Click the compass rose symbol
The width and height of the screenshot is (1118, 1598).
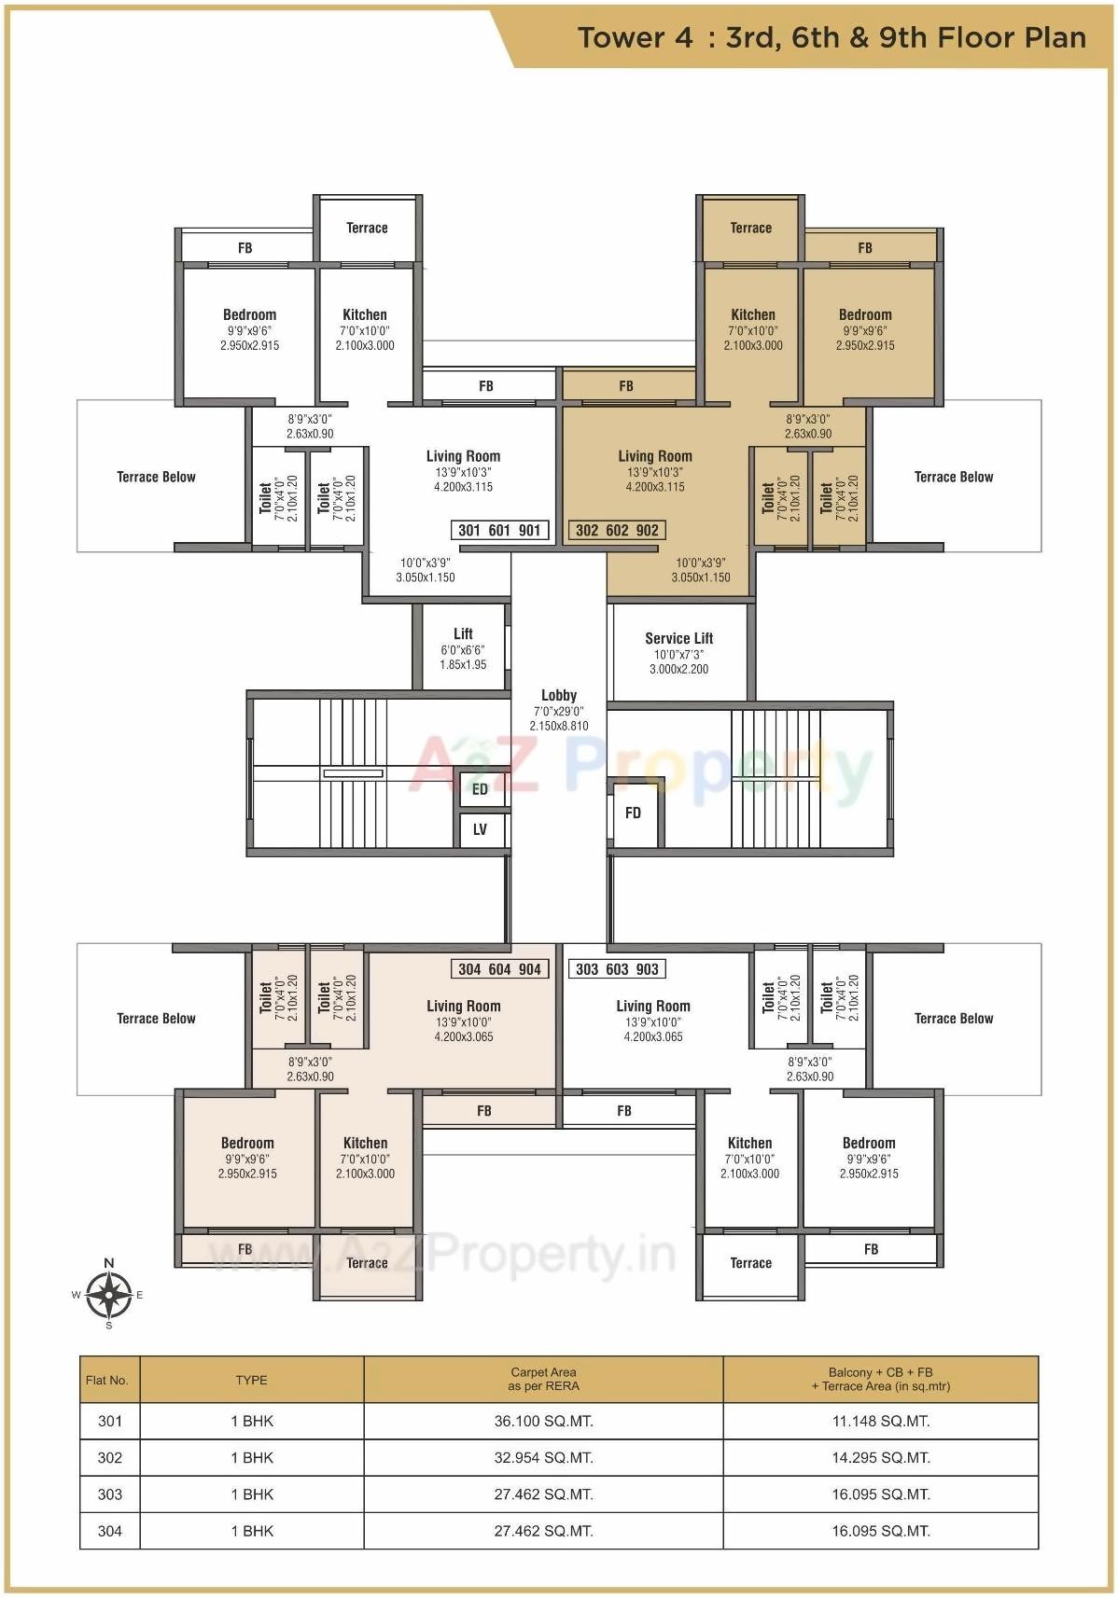click(109, 1294)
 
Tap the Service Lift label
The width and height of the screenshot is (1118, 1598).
click(678, 639)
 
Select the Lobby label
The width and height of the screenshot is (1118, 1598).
click(559, 695)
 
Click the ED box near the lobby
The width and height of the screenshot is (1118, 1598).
click(480, 789)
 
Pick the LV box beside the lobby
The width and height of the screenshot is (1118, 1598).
click(480, 829)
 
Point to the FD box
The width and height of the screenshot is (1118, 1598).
click(633, 813)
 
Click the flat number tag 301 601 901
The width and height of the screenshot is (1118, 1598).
click(499, 531)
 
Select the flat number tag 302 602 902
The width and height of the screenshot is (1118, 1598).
click(617, 531)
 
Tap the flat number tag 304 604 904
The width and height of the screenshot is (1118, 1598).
click(499, 969)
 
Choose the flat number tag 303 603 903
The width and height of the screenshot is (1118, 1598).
click(617, 969)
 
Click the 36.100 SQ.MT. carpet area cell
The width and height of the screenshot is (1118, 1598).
click(543, 1421)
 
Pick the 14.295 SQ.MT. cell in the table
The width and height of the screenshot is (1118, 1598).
click(880, 1457)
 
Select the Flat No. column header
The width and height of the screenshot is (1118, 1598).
click(107, 1380)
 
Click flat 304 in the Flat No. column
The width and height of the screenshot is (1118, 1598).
click(110, 1530)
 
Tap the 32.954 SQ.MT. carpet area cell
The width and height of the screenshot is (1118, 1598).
click(543, 1457)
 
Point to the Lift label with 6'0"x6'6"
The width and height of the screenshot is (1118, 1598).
click(463, 634)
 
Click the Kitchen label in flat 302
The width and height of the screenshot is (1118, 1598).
click(753, 315)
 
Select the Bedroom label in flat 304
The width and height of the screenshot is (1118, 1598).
click(247, 1144)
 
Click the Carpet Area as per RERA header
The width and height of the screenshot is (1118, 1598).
click(543, 1379)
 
